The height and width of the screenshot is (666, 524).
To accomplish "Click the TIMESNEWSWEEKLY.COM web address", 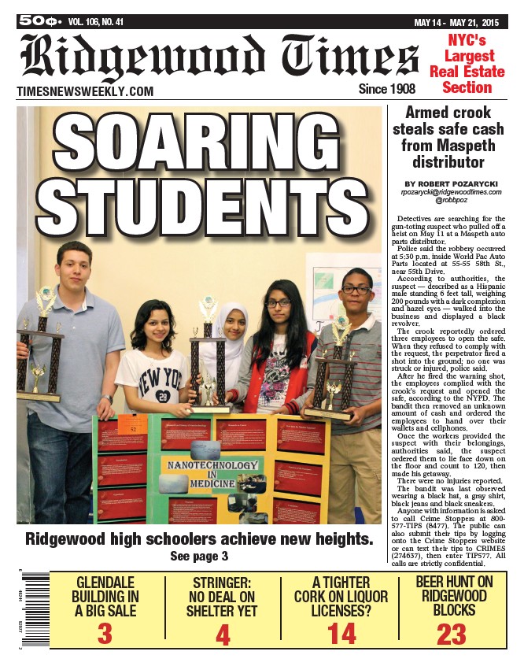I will point(85,92).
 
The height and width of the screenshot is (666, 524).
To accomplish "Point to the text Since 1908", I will point(386,89).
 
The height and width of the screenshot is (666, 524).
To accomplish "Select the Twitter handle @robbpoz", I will point(451,201).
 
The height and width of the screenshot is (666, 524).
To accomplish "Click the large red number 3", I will point(105,633).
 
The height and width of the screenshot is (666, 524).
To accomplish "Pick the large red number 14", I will point(342,633).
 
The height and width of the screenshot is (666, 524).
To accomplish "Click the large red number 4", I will point(225,633).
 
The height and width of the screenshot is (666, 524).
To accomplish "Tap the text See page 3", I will point(199,557).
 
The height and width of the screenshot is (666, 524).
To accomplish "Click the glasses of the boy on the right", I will point(356,290).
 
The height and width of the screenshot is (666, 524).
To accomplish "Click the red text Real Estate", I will point(467,72).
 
